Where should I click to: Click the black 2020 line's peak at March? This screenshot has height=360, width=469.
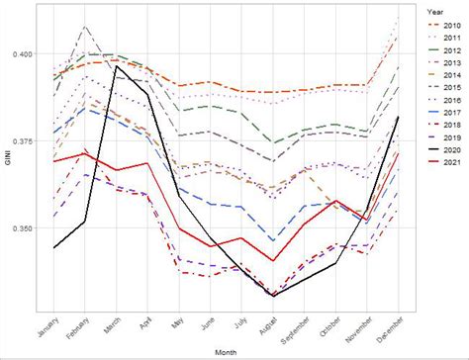tap(117, 66)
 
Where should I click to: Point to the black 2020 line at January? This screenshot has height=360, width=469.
tap(54, 247)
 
